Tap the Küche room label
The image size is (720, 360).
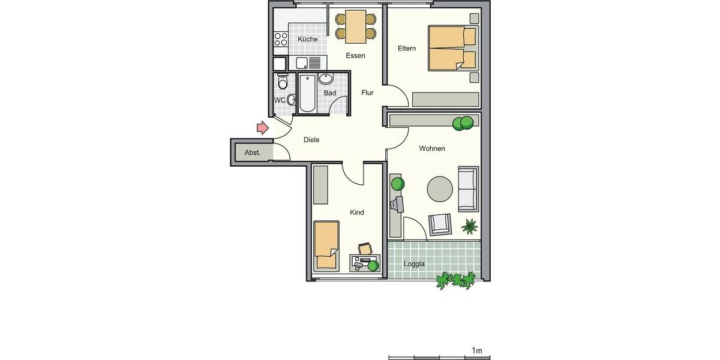pyautogui.click(x=307, y=40)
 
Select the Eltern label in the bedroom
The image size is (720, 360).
pyautogui.click(x=406, y=49)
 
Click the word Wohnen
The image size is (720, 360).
pyautogui.click(x=432, y=149)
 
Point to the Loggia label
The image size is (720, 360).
pyautogui.click(x=414, y=264)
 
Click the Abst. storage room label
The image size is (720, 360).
pyautogui.click(x=253, y=153)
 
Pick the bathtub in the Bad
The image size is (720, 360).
pyautogui.click(x=307, y=93)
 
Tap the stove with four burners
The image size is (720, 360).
pyautogui.click(x=281, y=40)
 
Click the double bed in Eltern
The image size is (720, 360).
pyautogui.click(x=451, y=48)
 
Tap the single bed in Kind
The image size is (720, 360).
pyautogui.click(x=326, y=245)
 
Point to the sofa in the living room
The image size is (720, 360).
pyautogui.click(x=468, y=188)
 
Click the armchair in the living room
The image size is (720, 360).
pyautogui.click(x=440, y=224)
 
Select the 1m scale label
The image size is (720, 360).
pyautogui.click(x=477, y=350)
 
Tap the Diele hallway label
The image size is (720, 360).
pyautogui.click(x=311, y=140)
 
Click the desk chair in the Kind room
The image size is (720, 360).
pyautogui.click(x=365, y=248)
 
